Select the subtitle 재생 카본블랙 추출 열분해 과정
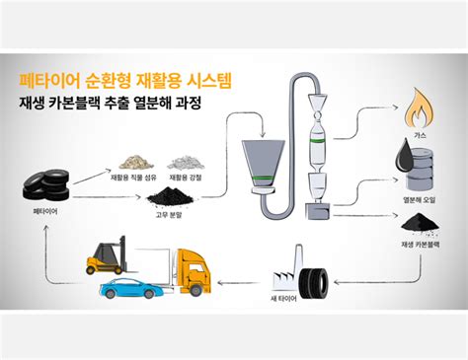(x=110, y=103)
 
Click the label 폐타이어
(x=45, y=213)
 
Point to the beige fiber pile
(x=133, y=159)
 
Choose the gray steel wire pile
(x=184, y=159)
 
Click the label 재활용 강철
(x=184, y=177)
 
